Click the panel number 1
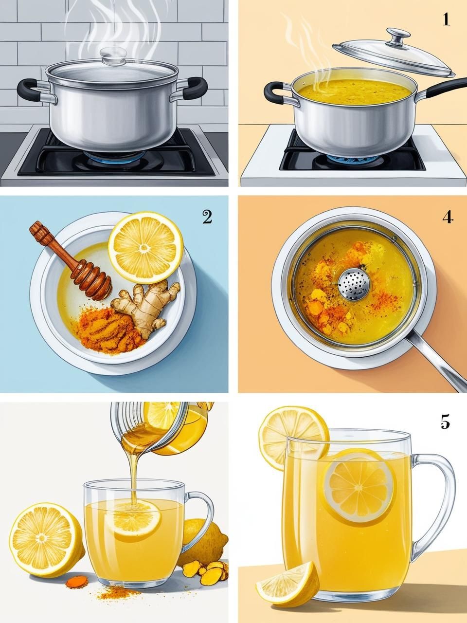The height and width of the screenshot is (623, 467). click(x=446, y=19)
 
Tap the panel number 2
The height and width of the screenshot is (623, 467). click(x=207, y=217)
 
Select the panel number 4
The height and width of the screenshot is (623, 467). click(x=448, y=217)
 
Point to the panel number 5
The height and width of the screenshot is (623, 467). click(x=445, y=422)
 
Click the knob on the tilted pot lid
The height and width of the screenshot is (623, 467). click(x=398, y=36)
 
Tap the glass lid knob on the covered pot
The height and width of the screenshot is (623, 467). click(x=113, y=55)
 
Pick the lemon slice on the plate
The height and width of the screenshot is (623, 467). click(x=145, y=248)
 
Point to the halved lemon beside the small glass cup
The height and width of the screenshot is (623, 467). click(x=47, y=537)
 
